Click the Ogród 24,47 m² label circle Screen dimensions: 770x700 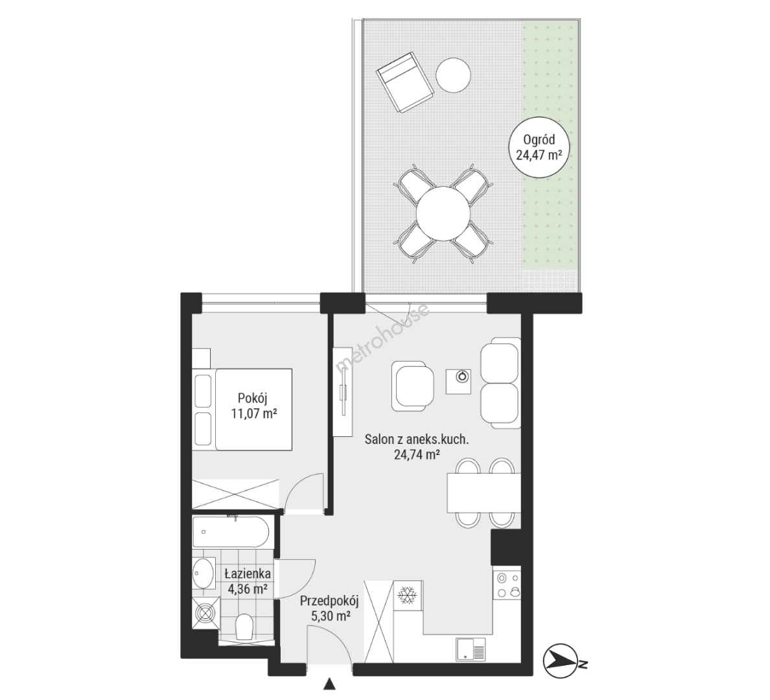click(539, 148)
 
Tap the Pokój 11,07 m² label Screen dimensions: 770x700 click(254, 405)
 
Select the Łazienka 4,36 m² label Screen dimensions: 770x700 click(248, 581)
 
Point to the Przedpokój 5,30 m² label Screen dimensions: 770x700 click(330, 608)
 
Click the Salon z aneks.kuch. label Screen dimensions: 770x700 click(416, 439)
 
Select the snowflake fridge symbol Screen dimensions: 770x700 click(406, 595)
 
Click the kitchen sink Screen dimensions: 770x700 click(471, 649)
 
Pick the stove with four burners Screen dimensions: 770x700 click(507, 585)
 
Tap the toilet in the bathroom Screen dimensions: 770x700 click(244, 626)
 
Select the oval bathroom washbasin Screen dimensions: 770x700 click(204, 573)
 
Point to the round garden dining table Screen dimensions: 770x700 click(443, 214)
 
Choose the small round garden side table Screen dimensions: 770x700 click(454, 75)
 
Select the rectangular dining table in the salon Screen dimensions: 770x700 click(484, 493)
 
